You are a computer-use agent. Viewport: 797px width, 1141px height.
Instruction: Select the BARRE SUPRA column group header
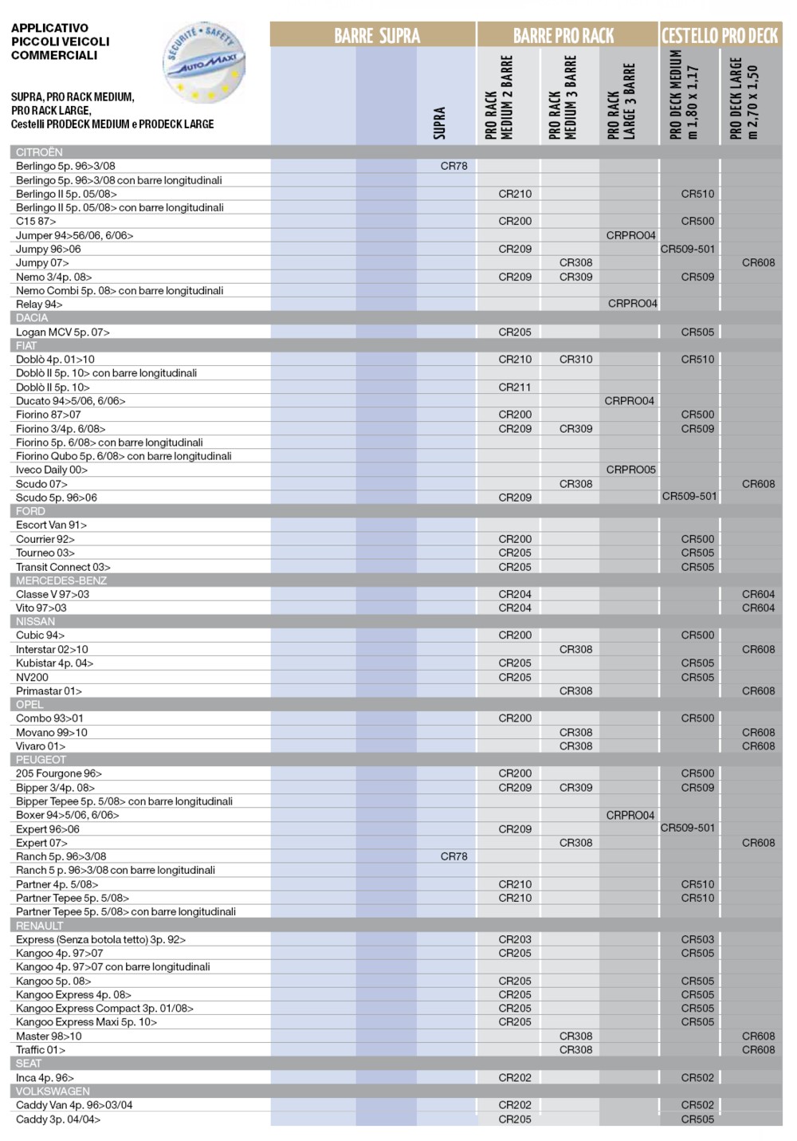tap(376, 35)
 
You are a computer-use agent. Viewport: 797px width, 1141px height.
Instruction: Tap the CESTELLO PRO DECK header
tap(720, 35)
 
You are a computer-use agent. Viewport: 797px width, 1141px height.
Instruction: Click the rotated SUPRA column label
tap(439, 123)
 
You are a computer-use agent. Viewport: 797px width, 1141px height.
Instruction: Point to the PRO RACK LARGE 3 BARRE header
tap(621, 101)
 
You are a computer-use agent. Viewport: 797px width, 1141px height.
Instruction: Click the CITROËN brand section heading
tap(39, 152)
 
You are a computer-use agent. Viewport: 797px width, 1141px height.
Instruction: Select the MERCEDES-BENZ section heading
tap(61, 580)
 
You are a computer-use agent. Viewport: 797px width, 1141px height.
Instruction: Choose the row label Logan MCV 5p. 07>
tap(63, 332)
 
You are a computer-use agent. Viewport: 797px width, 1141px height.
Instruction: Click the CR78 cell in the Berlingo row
tap(453, 166)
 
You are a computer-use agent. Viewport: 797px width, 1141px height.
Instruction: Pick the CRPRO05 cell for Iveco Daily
tap(630, 470)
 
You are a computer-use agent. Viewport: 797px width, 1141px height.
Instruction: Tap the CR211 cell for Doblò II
tap(515, 387)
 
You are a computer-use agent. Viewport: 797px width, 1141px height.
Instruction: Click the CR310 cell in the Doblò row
tap(575, 360)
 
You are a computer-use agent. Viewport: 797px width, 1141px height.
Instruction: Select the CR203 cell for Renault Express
tap(515, 939)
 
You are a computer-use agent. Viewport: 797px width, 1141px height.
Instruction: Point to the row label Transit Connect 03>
tap(63, 567)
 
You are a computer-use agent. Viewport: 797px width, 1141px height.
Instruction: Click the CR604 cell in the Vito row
tap(758, 608)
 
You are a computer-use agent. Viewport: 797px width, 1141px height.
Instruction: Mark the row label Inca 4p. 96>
tap(45, 1077)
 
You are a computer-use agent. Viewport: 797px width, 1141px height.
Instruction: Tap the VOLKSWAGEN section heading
tap(53, 1091)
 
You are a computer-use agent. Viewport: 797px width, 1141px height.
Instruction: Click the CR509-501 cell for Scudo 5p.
tap(689, 496)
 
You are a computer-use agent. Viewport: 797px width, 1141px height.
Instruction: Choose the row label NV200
tap(32, 677)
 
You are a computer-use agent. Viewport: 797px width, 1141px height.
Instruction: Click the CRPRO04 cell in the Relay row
tap(632, 304)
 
